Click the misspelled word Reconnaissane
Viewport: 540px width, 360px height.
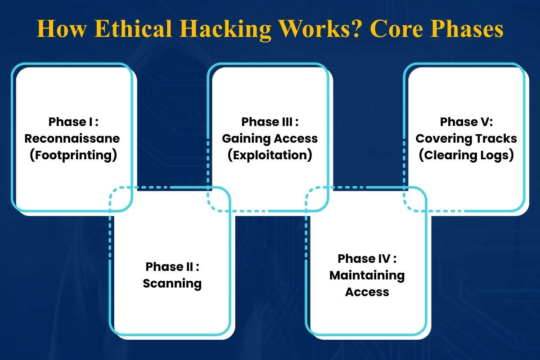72,139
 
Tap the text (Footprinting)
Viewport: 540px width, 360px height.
72,155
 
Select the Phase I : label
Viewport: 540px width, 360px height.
72,122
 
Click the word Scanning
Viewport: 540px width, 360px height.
172,283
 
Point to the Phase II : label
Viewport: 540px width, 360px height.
172,267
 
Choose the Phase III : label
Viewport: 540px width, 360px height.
270,122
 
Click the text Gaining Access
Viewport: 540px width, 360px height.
270,139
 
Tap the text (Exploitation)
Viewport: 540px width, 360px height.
270,155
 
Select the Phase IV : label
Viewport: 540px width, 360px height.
367,259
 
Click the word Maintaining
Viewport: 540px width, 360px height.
367,275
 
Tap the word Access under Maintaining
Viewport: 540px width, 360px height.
367,292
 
